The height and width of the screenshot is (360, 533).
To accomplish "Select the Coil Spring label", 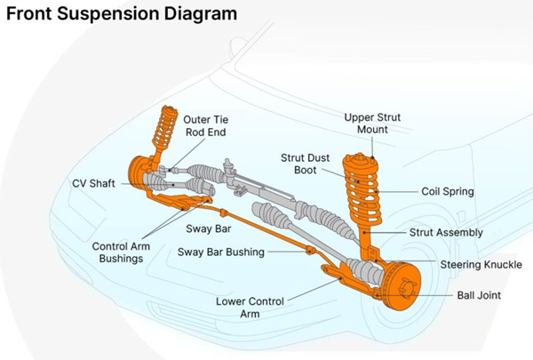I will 446,190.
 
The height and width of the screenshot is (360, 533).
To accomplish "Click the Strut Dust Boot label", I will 306,164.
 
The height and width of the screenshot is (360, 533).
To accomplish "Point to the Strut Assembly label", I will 446,232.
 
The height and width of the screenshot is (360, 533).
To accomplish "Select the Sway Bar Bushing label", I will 221,252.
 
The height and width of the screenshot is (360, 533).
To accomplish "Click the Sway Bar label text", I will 209,228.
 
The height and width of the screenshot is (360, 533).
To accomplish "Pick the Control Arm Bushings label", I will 117,252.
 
